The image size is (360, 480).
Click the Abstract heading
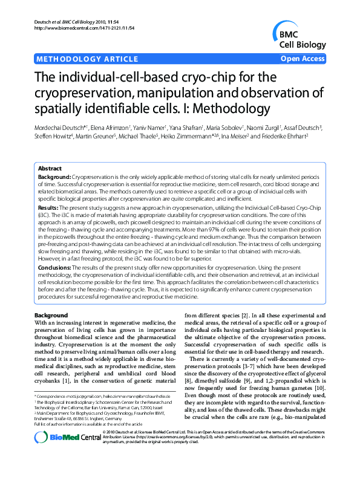50,168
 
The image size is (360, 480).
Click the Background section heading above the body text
51,315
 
